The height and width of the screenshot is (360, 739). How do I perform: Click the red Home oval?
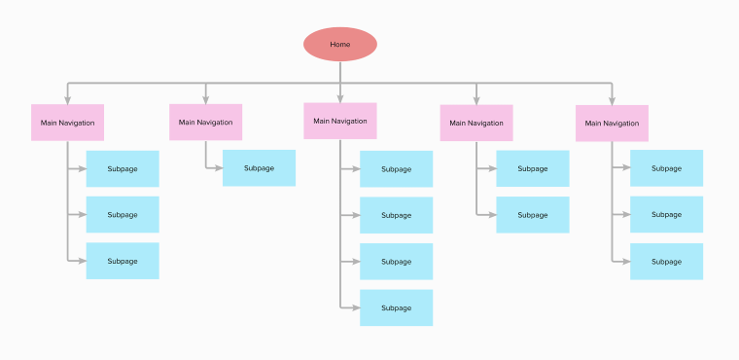pos(339,44)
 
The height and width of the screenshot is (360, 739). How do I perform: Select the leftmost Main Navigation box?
pos(67,123)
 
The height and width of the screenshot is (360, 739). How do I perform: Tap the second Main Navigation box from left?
pos(205,123)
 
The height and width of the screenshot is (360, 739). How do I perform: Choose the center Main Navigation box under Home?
pos(339,122)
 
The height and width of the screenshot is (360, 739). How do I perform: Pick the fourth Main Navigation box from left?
pos(475,123)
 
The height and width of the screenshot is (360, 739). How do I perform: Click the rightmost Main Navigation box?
pos(612,123)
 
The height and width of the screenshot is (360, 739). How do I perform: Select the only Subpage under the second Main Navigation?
pos(259,168)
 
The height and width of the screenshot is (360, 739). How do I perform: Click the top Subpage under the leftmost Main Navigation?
pos(123,169)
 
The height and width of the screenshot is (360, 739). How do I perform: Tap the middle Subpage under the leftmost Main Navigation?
pos(123,215)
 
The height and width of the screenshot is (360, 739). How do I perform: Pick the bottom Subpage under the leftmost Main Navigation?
pos(123,261)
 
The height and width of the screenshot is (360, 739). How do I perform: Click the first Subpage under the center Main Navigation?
pos(396,169)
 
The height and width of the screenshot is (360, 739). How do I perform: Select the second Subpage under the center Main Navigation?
pos(396,215)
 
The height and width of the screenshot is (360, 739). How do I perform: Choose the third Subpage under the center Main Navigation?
pos(396,262)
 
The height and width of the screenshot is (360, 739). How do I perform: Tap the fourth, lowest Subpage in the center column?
pos(396,307)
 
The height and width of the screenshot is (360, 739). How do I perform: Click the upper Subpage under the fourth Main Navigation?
pos(532,169)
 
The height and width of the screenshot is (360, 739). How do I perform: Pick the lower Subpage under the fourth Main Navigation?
pos(532,215)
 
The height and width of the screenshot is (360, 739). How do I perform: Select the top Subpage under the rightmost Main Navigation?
pos(666,168)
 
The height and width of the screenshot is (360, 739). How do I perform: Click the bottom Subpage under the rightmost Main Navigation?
pos(666,261)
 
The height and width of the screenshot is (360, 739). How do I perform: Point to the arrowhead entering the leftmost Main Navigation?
pos(67,99)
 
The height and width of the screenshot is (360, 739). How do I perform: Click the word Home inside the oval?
pos(339,44)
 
